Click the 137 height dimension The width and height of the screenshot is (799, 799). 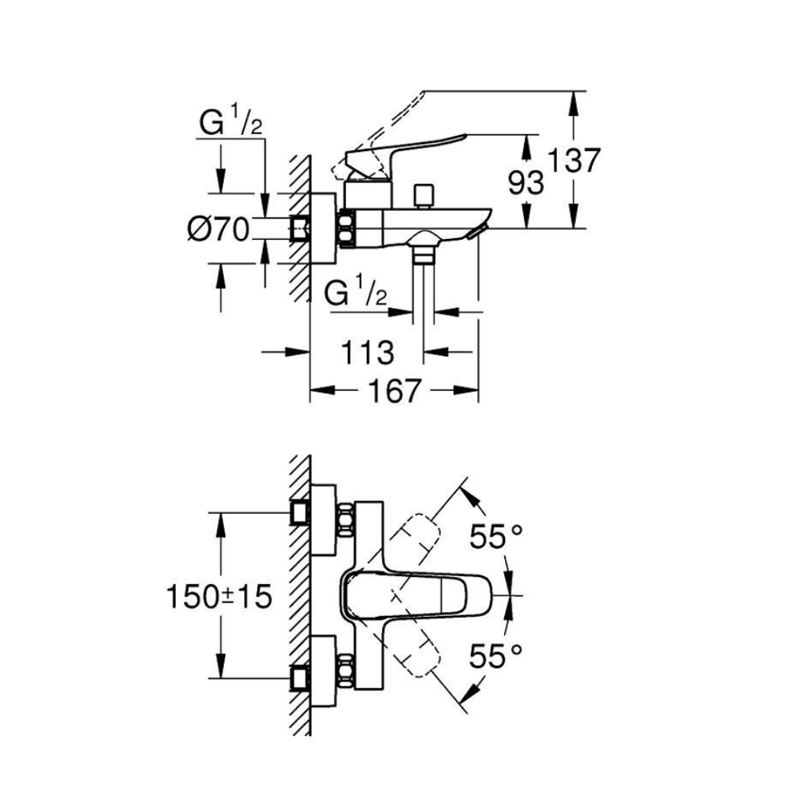point(574,161)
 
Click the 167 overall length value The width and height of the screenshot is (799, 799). point(393,391)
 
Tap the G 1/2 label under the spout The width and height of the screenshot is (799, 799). point(356,294)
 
